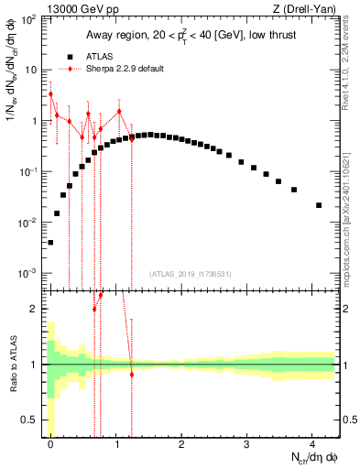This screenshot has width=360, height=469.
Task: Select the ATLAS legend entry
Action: tap(117, 56)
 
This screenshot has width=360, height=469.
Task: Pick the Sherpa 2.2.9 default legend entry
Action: tap(133, 69)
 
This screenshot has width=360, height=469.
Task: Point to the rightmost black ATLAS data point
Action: tap(319, 205)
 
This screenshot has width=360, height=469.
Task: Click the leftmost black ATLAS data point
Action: tap(50, 243)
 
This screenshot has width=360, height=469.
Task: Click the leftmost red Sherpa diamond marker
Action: tap(50, 93)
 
